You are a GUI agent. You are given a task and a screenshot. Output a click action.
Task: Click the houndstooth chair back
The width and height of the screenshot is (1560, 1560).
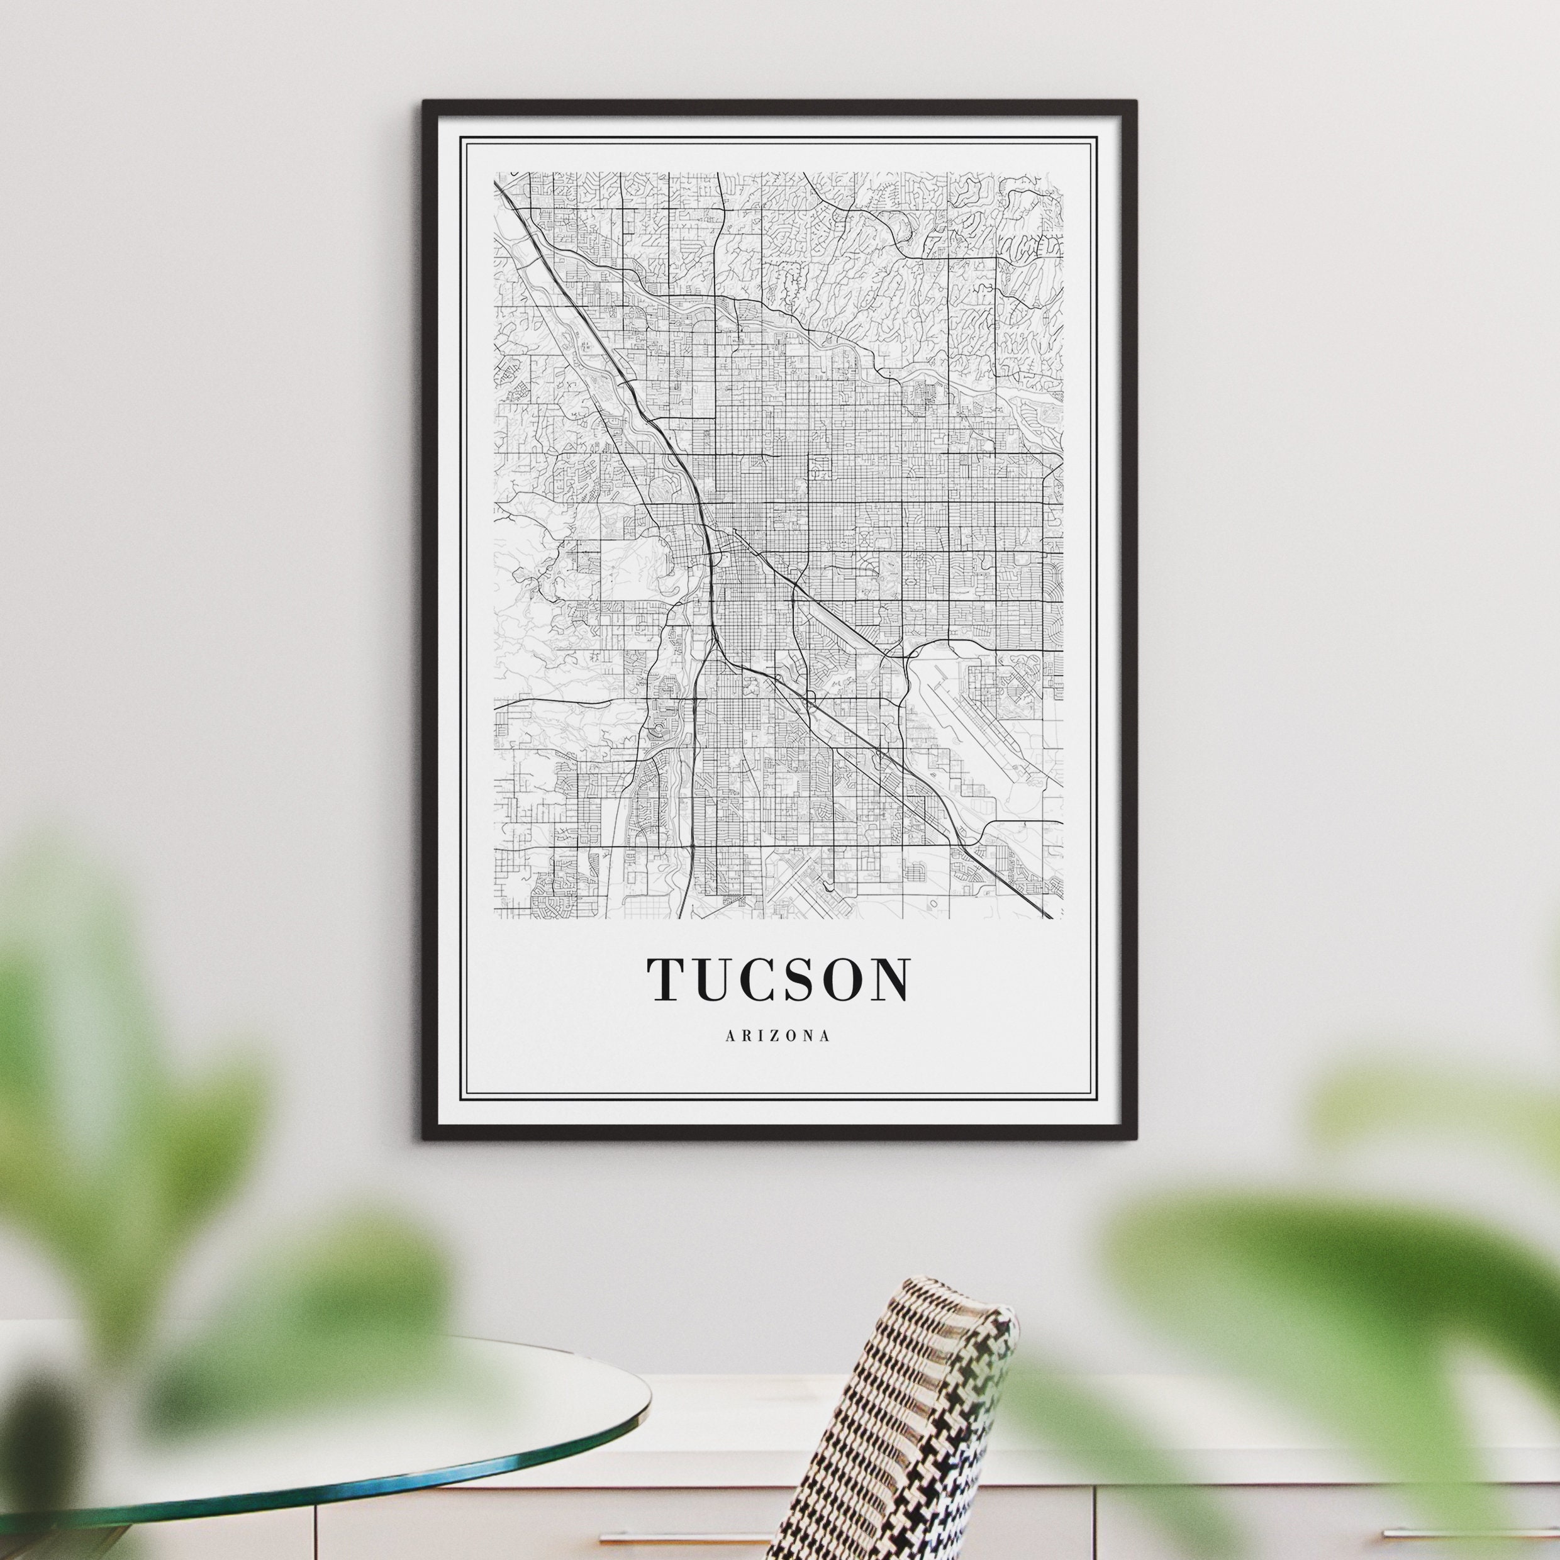896,1421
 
